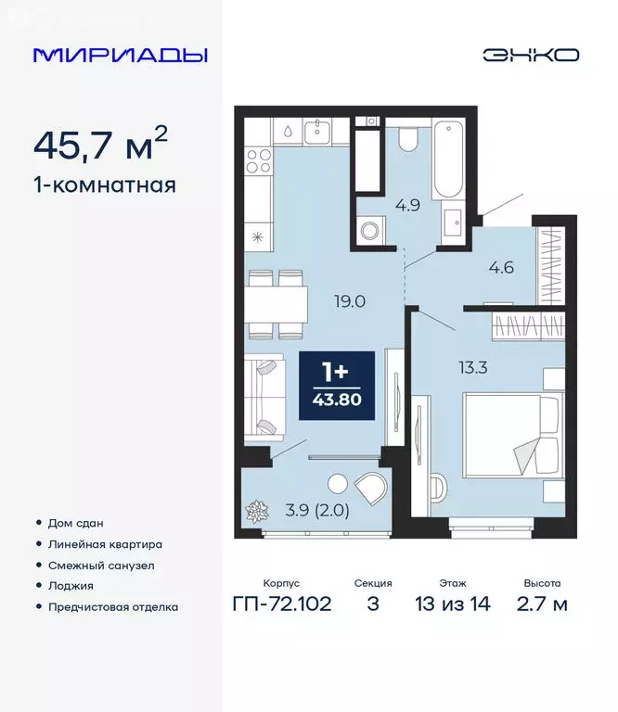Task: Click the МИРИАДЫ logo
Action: (120, 55)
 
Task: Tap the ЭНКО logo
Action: (530, 55)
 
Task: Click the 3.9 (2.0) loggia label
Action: (317, 509)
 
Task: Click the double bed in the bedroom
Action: (512, 436)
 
